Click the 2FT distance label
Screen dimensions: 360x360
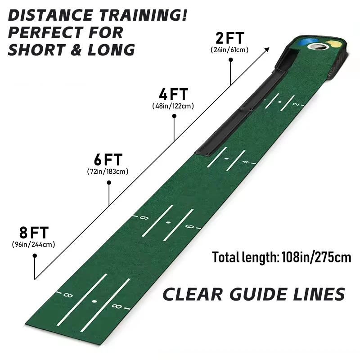[229, 38]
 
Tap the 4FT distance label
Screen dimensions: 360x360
[173, 94]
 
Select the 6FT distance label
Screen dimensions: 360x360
[108, 160]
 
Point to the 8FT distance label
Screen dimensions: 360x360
[34, 233]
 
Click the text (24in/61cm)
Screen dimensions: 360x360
[229, 50]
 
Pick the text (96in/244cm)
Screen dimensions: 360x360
[33, 244]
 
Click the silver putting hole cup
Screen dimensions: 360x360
[318, 47]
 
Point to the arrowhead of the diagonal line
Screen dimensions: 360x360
[267, 49]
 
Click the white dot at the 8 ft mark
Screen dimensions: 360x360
[94, 301]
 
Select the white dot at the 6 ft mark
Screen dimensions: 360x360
[168, 222]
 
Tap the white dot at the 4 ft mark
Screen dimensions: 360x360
[227, 159]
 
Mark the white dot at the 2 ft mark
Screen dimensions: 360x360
[279, 102]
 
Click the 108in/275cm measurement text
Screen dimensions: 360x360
[316, 257]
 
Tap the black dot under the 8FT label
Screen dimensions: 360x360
[35, 256]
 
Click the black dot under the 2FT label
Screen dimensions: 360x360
[231, 60]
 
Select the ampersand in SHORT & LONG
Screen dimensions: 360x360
[76, 50]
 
